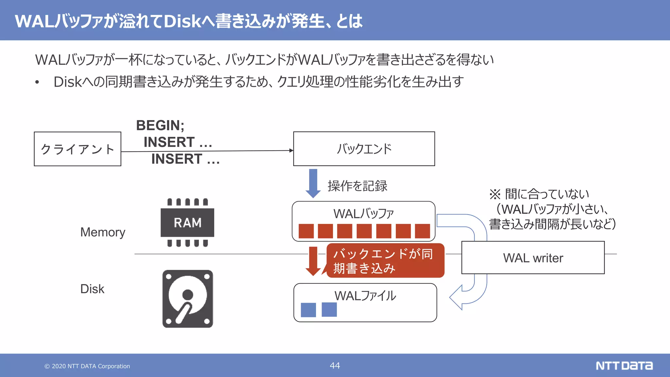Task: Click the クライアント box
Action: click(78, 149)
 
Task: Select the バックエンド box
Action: click(364, 149)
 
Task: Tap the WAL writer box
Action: click(533, 258)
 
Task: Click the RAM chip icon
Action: click(187, 223)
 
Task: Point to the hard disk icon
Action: click(187, 298)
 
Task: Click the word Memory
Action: click(103, 232)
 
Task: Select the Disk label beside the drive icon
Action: click(92, 289)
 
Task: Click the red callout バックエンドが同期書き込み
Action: click(385, 261)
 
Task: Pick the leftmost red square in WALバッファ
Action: click(306, 231)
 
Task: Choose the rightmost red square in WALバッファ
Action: click(422, 231)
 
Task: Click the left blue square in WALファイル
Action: click(308, 310)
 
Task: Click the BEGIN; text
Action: click(160, 125)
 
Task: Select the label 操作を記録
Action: click(357, 186)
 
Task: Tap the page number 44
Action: click(335, 366)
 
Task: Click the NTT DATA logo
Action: click(624, 366)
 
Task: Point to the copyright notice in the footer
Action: click(87, 366)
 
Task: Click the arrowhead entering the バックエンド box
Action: click(291, 151)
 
